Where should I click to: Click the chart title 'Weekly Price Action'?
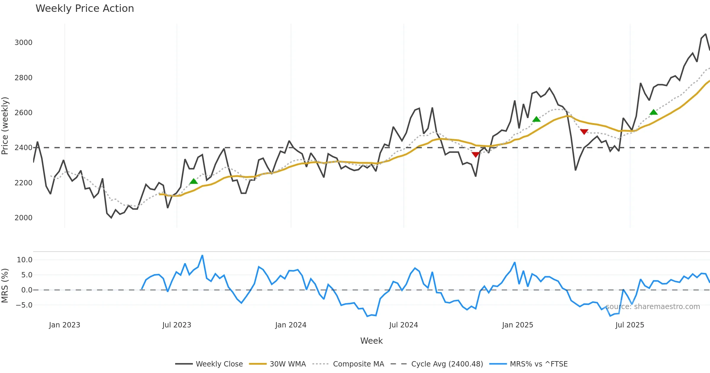[x=85, y=9]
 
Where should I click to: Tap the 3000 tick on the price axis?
[x=23, y=43]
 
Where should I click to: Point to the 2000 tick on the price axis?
[x=23, y=218]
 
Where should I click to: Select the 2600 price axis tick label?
[x=23, y=113]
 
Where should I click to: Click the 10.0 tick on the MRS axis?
[x=25, y=260]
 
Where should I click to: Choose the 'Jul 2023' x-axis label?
[x=177, y=325]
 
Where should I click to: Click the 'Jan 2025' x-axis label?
[x=517, y=325]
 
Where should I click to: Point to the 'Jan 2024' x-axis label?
[x=291, y=325]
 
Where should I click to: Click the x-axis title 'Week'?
[x=371, y=341]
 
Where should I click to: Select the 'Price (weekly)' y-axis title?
[x=5, y=126]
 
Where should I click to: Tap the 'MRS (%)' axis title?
[x=5, y=286]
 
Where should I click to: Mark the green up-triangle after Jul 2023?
[x=193, y=181]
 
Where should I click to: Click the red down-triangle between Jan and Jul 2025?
[x=584, y=131]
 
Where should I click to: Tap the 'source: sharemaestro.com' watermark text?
[x=653, y=307]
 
